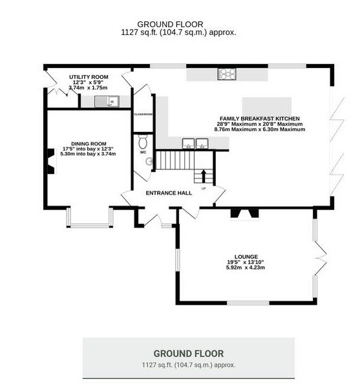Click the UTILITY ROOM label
89,77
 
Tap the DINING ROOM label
89,144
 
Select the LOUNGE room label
246,257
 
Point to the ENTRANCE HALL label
169,193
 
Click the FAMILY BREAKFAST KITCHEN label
260,119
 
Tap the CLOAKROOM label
143,114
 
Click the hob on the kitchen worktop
227,74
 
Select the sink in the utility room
107,102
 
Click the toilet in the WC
143,142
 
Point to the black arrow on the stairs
204,176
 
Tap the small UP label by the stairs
204,189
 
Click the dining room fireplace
51,162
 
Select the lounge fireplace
244,213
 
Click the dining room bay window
90,225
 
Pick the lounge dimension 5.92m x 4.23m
246,268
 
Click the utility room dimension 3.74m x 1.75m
89,88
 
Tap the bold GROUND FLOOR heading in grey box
189,354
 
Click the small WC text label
143,153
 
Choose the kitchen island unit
267,106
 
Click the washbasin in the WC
149,162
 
